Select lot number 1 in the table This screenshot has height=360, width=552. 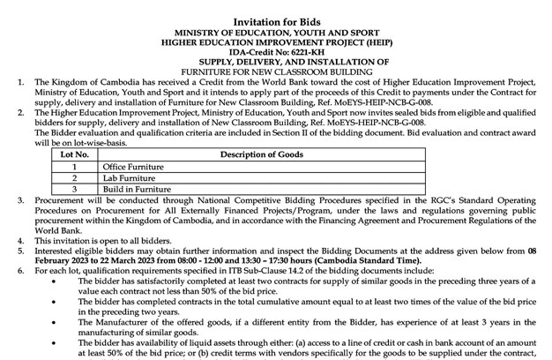(76, 166)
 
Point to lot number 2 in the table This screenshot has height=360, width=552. (76, 177)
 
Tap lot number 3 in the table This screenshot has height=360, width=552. (76, 189)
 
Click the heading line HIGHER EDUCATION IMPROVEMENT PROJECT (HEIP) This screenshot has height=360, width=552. (277, 41)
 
